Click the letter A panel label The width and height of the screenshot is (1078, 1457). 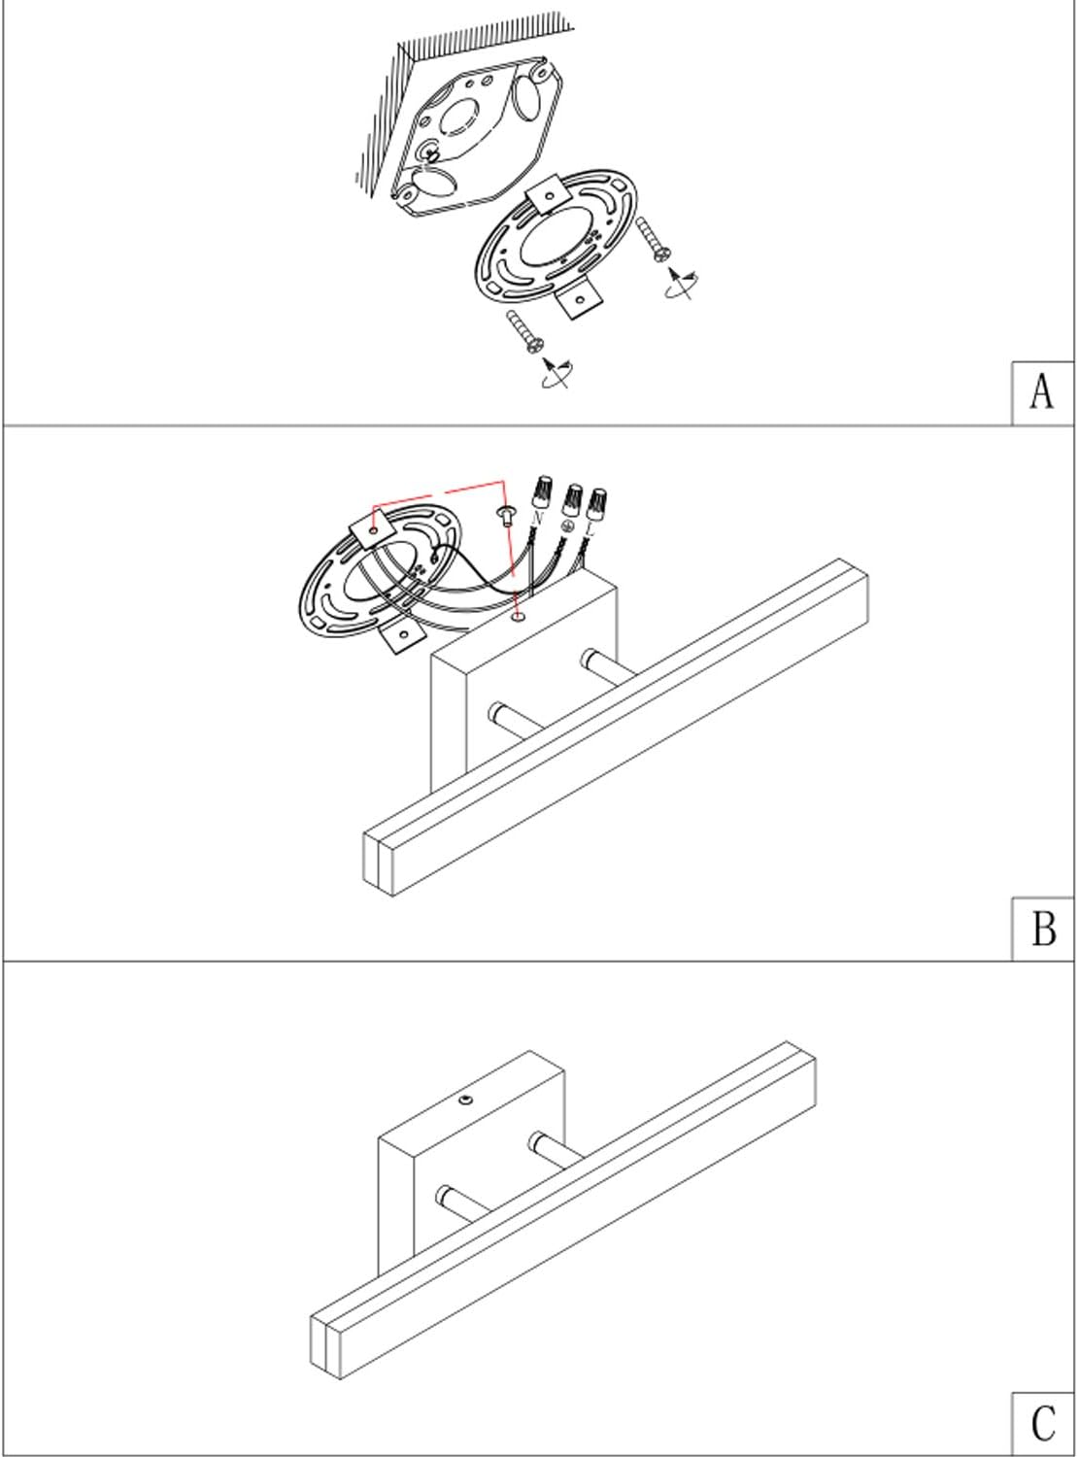1042,392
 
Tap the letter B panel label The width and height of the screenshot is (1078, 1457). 1044,929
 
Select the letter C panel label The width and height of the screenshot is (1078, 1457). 1044,1423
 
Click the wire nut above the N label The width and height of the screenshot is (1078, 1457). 542,491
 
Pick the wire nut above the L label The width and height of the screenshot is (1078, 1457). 596,505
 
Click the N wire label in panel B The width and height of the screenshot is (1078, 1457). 538,519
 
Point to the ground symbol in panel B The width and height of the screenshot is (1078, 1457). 567,526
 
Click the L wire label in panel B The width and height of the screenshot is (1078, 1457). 590,530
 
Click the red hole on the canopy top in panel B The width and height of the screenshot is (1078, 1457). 521,617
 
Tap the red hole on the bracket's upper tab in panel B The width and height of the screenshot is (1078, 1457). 374,529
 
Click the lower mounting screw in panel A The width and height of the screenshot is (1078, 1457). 525,332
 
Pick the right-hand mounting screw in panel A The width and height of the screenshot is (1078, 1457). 654,239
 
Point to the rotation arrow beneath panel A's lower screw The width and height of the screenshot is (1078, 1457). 556,373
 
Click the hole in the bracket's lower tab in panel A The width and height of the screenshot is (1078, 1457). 580,299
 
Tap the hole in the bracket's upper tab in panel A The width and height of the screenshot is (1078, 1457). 549,196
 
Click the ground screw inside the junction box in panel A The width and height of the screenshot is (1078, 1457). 431,153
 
